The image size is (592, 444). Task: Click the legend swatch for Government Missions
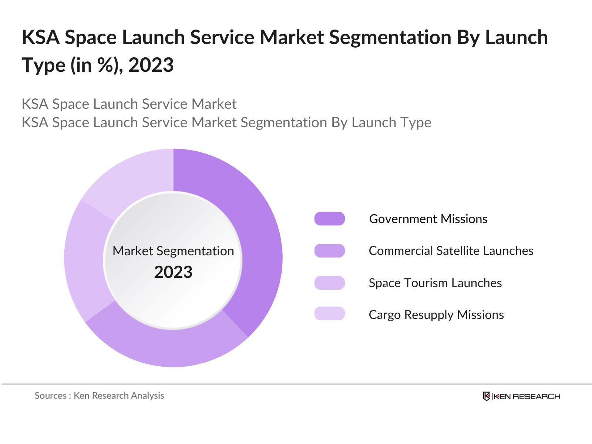click(329, 219)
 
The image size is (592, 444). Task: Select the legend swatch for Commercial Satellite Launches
click(329, 250)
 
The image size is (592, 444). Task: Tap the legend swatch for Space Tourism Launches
click(329, 283)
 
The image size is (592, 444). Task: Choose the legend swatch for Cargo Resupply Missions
click(329, 313)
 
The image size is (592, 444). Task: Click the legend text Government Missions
click(428, 219)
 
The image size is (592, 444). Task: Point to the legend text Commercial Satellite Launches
click(451, 251)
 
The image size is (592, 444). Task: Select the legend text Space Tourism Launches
click(435, 283)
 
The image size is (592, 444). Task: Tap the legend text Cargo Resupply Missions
click(436, 315)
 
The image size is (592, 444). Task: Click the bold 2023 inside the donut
click(173, 272)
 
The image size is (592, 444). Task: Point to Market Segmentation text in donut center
click(173, 251)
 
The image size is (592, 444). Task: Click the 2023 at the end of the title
click(151, 65)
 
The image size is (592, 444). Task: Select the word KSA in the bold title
click(41, 37)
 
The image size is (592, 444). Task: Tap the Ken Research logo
click(521, 396)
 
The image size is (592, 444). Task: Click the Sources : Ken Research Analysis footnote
click(99, 396)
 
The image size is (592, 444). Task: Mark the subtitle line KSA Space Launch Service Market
click(129, 104)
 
